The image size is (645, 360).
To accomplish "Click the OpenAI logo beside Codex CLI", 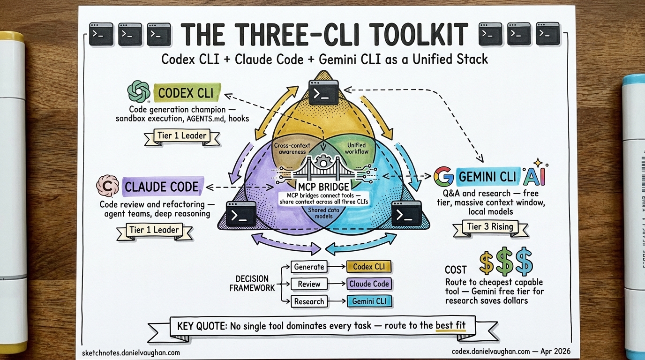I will [139, 92].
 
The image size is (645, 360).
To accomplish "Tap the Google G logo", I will [443, 177].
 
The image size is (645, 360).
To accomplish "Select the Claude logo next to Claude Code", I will [107, 186].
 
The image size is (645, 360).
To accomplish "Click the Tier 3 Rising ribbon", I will [490, 227].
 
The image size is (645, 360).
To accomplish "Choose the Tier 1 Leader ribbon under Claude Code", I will [154, 230].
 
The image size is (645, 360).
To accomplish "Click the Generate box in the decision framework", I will [309, 267].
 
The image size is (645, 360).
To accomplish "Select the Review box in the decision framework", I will [309, 284].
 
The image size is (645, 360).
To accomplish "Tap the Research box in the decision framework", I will [309, 301].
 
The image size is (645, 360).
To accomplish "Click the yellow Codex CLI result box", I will [369, 267].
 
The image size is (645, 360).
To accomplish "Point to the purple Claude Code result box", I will [369, 284].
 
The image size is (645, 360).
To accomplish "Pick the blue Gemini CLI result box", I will [369, 301].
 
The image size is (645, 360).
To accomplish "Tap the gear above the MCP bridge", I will [322, 162].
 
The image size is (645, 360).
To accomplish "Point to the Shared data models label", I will [322, 213].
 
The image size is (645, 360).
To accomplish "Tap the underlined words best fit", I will [450, 325].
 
